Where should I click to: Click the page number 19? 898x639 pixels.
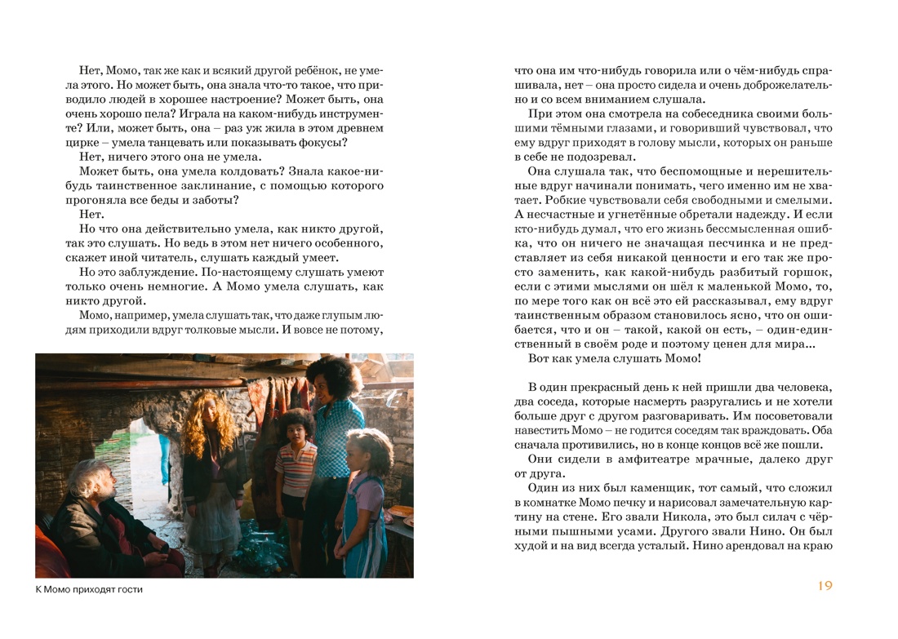(x=825, y=586)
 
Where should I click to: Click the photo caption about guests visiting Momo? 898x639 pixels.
(x=90, y=589)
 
